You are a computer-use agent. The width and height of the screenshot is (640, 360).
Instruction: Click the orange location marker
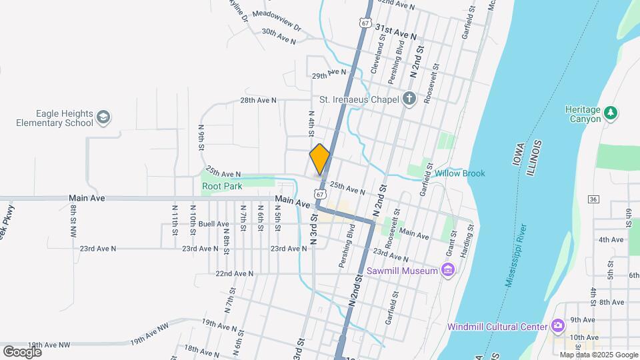click(x=320, y=159)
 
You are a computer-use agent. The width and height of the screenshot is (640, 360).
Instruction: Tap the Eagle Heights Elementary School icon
click(x=103, y=118)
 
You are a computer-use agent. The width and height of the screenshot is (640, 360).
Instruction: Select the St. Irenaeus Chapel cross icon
click(x=409, y=100)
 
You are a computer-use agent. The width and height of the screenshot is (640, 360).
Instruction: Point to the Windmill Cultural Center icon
click(x=558, y=326)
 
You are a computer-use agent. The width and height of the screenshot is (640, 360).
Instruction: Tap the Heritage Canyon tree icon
click(x=611, y=114)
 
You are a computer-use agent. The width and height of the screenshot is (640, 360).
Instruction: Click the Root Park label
click(x=222, y=187)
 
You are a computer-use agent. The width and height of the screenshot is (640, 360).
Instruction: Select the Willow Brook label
click(x=459, y=173)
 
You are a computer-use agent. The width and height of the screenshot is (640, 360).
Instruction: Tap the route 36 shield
click(x=593, y=199)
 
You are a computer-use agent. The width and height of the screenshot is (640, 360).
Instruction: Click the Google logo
click(x=22, y=351)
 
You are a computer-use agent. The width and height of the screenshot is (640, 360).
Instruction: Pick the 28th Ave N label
click(x=258, y=100)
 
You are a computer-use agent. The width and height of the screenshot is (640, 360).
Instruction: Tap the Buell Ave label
click(x=213, y=224)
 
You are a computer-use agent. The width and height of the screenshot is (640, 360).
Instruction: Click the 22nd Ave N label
click(x=234, y=273)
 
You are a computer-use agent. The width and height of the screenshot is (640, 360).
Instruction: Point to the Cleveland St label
click(x=379, y=54)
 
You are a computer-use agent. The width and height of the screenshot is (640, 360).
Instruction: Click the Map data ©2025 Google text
click(x=598, y=355)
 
